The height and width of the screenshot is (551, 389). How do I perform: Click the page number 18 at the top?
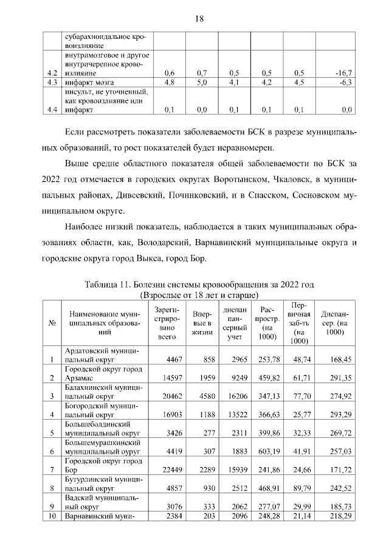pyautogui.click(x=198, y=18)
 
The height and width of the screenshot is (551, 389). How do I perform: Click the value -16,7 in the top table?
pyautogui.click(x=344, y=73)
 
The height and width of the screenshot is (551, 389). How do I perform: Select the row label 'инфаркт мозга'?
pyautogui.click(x=89, y=82)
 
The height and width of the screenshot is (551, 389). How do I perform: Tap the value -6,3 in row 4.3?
pyautogui.click(x=346, y=82)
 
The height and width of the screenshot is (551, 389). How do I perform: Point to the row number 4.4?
pyautogui.click(x=52, y=110)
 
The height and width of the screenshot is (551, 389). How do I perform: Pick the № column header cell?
pyautogui.click(x=52, y=323)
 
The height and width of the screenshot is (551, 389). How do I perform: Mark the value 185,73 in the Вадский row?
pyautogui.click(x=340, y=507)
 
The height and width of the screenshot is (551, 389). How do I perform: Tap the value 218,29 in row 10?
pyautogui.click(x=340, y=516)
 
